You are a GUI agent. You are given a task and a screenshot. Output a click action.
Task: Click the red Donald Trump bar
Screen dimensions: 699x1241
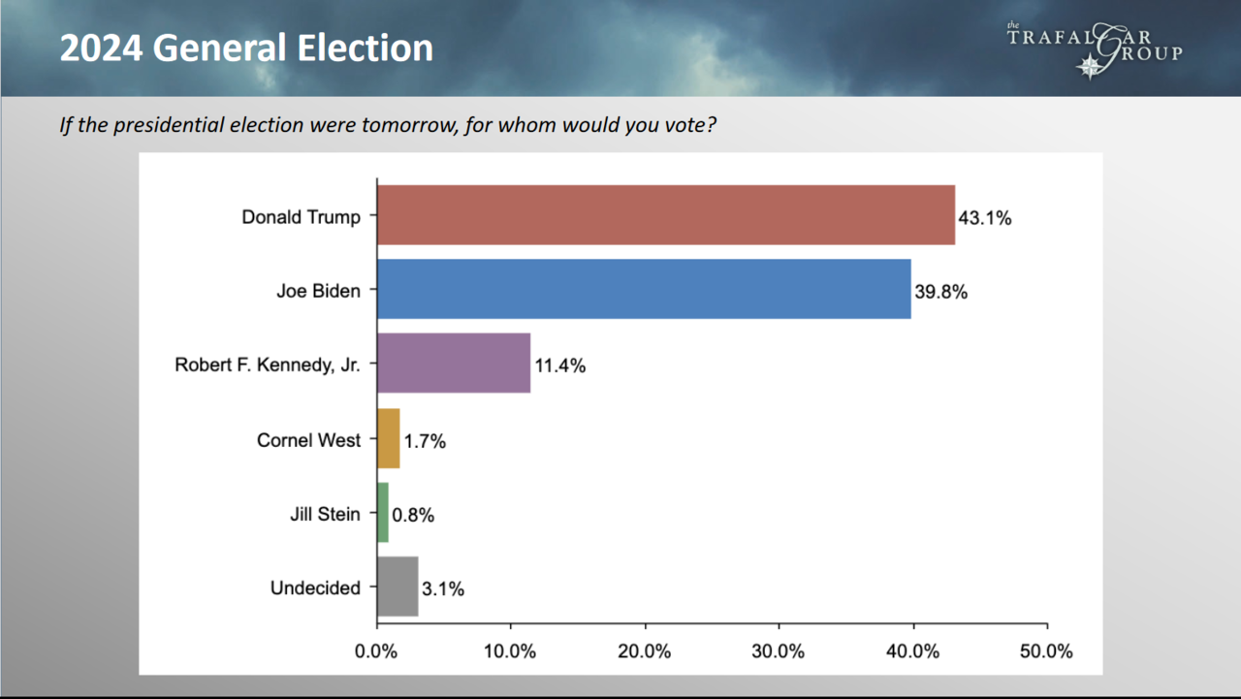click(665, 215)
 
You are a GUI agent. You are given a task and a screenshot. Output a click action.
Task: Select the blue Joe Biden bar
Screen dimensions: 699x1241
click(644, 289)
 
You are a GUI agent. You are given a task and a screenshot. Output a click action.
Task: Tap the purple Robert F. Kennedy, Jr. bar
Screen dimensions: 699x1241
click(454, 364)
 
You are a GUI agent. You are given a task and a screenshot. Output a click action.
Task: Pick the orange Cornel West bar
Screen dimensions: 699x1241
click(388, 439)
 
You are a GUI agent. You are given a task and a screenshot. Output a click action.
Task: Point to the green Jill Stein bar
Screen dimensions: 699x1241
click(383, 514)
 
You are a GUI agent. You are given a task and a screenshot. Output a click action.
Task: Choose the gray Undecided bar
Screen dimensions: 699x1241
click(398, 588)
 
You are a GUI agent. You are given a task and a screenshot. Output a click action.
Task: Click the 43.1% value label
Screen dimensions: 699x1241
click(985, 218)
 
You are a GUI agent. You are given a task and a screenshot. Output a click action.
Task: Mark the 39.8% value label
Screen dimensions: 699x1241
click(940, 292)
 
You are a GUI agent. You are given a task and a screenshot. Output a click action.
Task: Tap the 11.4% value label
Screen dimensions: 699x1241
click(559, 366)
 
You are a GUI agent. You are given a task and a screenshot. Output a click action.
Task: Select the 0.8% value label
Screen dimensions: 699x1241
click(413, 516)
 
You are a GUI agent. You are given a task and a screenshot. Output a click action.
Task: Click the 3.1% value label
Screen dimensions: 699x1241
click(443, 589)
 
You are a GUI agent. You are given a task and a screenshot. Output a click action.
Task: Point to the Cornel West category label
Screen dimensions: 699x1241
click(308, 440)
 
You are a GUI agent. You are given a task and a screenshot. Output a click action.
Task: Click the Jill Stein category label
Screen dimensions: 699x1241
click(325, 514)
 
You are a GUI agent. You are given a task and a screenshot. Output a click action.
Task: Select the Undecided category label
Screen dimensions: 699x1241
click(316, 588)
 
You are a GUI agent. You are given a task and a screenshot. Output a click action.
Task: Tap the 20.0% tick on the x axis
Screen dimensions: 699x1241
click(644, 651)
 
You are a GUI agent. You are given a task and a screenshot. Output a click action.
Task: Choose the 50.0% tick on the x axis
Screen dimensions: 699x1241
click(1046, 651)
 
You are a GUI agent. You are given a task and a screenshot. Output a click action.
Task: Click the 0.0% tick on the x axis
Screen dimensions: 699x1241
click(376, 651)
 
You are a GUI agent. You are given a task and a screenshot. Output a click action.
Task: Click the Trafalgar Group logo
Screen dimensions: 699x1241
click(1094, 48)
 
